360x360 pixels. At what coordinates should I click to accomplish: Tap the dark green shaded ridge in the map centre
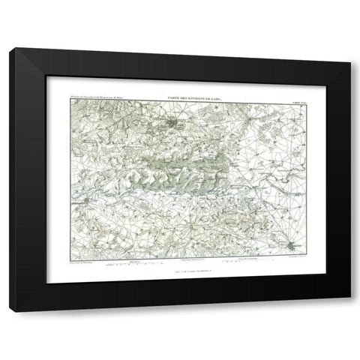click(180, 157)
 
